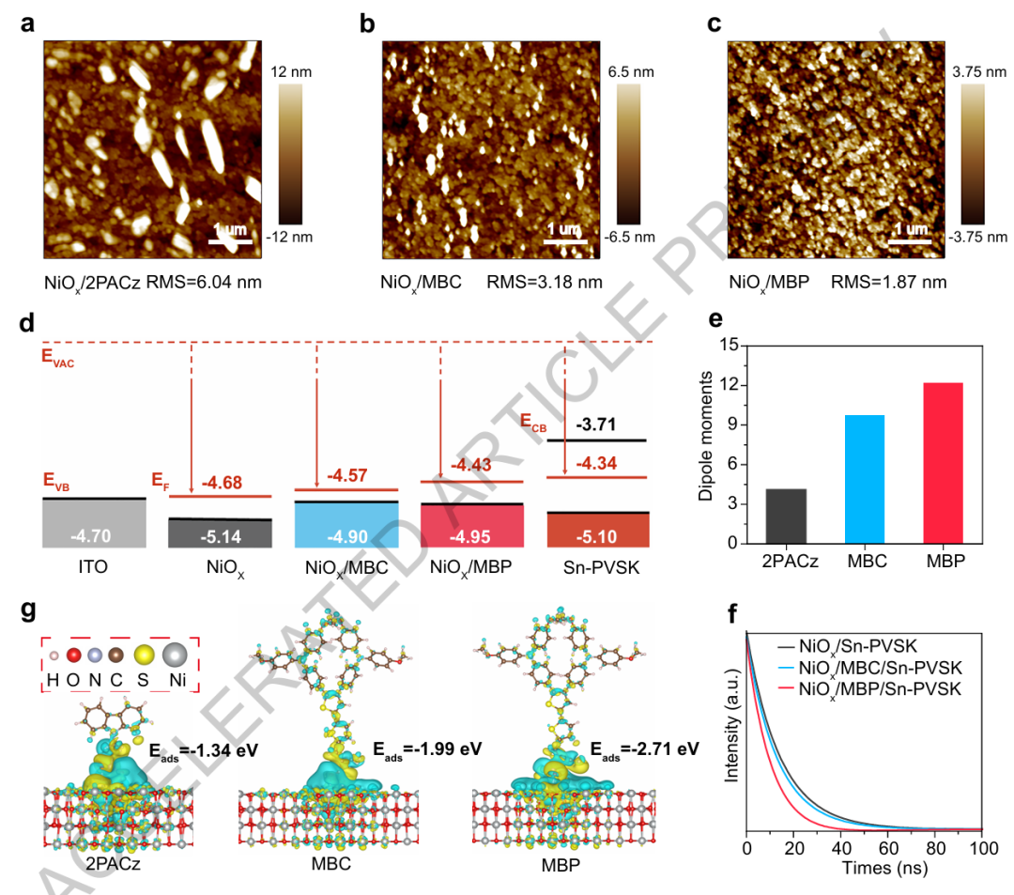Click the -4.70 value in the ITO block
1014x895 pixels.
[92, 537]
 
